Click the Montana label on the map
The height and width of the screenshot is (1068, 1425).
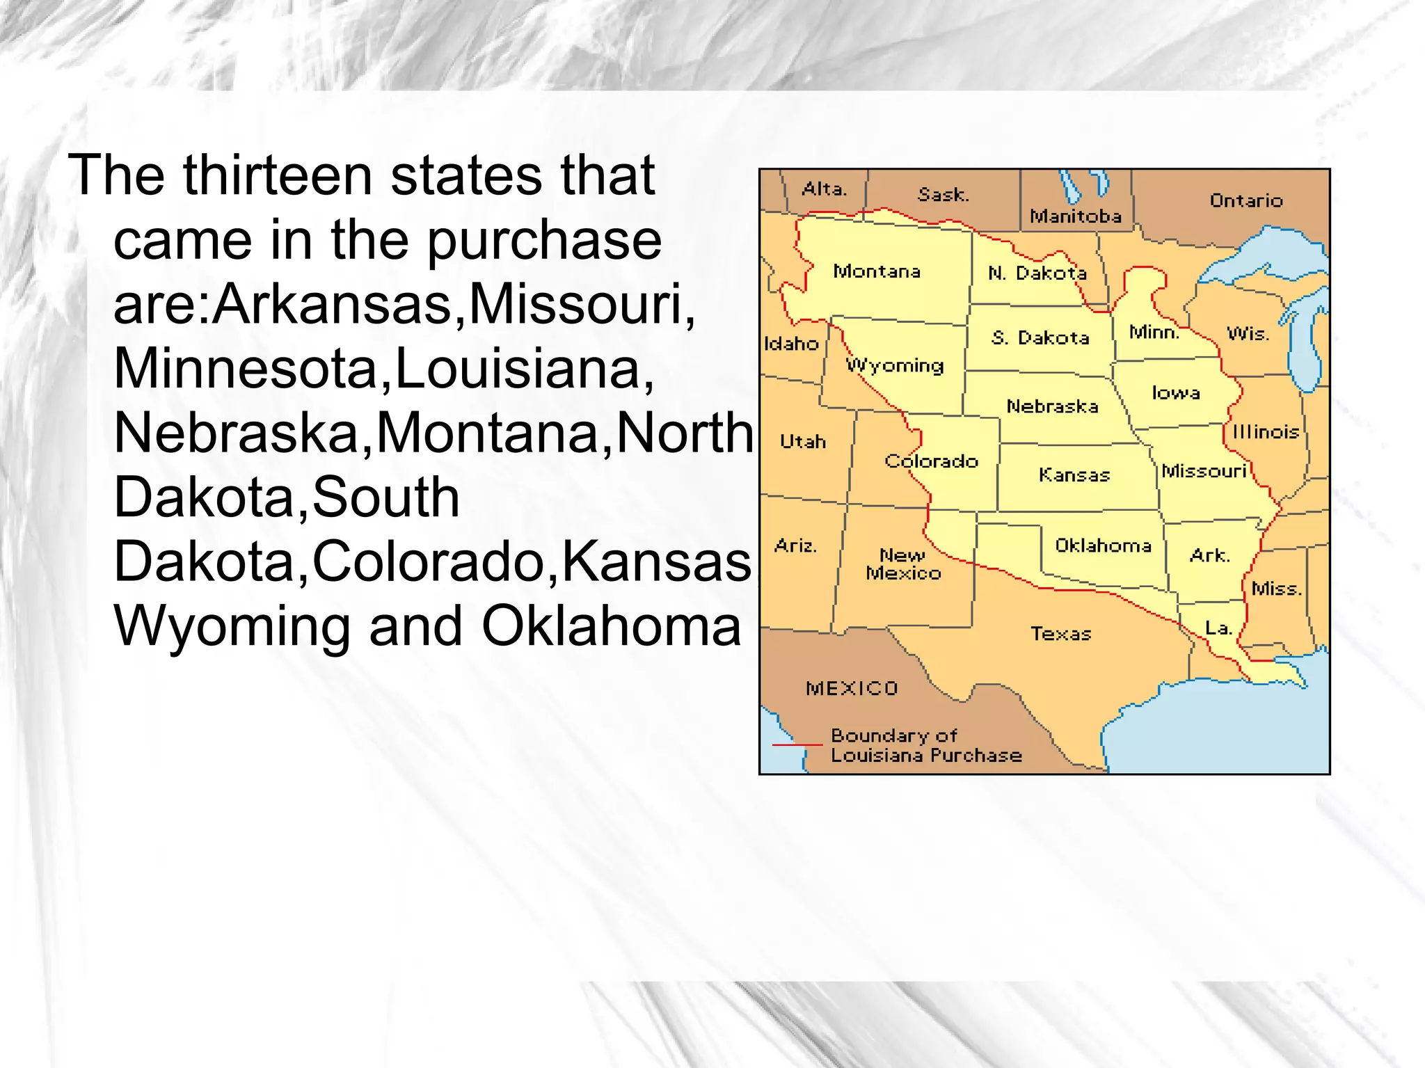tap(877, 271)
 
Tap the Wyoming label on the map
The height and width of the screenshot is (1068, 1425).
tap(895, 365)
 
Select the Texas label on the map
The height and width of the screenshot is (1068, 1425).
tap(1060, 634)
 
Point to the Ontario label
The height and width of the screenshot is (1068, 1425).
tap(1245, 201)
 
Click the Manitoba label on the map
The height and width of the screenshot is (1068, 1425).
tap(1076, 216)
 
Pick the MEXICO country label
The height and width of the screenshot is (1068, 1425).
tap(852, 689)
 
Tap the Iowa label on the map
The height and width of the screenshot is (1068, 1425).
tap(1175, 393)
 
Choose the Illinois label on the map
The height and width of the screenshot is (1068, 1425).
tap(1266, 432)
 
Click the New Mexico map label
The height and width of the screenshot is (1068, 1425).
tap(903, 564)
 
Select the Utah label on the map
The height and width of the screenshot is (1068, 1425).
tap(802, 442)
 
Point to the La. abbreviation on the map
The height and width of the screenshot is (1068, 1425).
tap(1218, 628)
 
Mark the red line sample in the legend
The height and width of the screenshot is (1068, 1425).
tap(797, 745)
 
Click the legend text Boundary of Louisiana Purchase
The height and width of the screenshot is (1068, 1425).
tap(926, 746)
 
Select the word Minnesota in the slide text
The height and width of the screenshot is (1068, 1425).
tap(246, 369)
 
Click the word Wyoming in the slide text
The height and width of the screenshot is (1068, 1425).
tap(232, 626)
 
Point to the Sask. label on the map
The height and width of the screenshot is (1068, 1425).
tap(943, 195)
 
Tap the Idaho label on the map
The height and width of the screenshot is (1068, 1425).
tap(791, 344)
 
